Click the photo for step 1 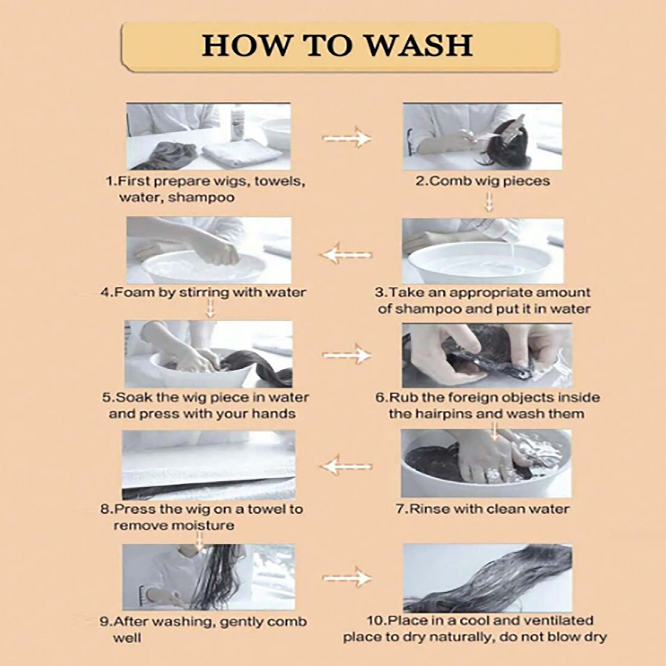pyautogui.click(x=209, y=137)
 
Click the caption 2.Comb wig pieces pyautogui.click(x=483, y=181)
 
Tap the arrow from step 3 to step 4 pyautogui.click(x=346, y=255)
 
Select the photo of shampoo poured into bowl pyautogui.click(x=483, y=250)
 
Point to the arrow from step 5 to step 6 pyautogui.click(x=346, y=355)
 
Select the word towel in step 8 pyautogui.click(x=264, y=509)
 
